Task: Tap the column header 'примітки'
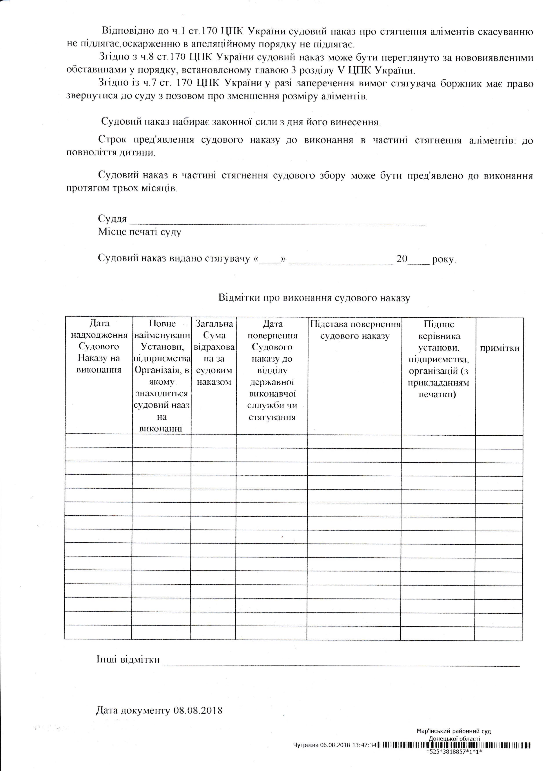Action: point(499,348)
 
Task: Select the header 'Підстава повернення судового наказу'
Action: point(355,330)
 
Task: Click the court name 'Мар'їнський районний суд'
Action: point(453,747)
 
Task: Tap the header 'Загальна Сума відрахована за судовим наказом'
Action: point(214,353)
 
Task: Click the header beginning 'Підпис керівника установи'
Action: point(439,359)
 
